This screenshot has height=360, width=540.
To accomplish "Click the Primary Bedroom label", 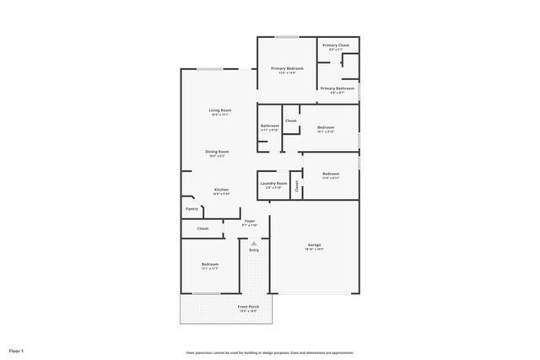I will (287, 68).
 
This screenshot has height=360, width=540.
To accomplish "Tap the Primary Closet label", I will (336, 46).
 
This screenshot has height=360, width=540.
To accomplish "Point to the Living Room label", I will (220, 110).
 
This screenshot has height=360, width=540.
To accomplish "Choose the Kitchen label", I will (221, 190).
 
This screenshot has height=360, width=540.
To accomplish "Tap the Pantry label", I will (192, 209).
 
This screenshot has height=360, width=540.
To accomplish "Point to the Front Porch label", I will (248, 307).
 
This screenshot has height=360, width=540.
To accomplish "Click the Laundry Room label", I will (274, 183).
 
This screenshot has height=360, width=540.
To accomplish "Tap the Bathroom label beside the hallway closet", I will (269, 126).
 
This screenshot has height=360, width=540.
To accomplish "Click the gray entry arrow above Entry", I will (254, 242).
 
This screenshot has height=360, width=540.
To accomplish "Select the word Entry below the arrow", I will (254, 250).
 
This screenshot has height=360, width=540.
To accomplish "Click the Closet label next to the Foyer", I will (202, 228).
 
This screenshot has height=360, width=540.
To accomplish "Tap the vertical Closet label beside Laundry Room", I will (296, 186).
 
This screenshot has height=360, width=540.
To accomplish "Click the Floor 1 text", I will (16, 351).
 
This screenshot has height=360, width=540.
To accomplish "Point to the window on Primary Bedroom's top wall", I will (287, 37).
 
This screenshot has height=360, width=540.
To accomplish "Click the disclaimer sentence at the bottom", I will (270, 352).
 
